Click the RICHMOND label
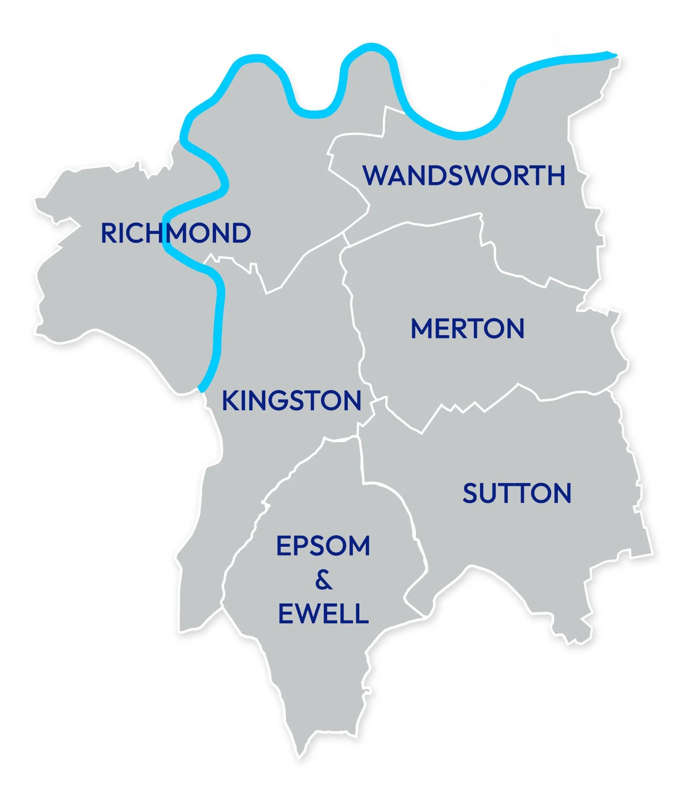click(176, 233)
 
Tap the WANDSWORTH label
click(463, 176)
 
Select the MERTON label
click(467, 329)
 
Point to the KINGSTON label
click(291, 401)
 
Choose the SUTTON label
click(517, 494)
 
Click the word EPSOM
click(323, 546)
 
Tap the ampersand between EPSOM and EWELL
click(323, 580)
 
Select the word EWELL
click(323, 614)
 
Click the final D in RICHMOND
click(240, 233)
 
